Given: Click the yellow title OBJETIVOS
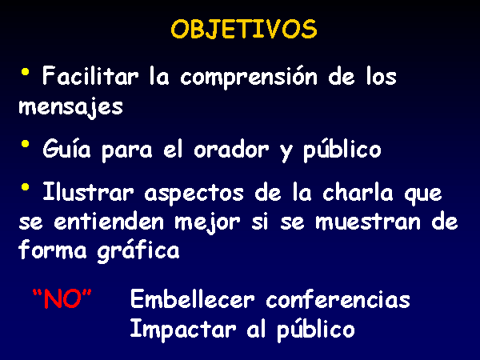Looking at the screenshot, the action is tap(244, 30).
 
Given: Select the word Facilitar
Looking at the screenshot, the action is tap(90, 76).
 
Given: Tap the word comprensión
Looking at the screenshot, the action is tap(249, 78).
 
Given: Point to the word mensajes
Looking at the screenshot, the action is tap(70, 107).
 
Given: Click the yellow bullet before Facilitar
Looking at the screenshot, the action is tap(25, 73).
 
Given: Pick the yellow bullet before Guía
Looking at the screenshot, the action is tap(25, 143).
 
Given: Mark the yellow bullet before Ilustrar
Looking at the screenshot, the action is tap(25, 186).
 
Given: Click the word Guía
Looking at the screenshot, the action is tap(66, 148).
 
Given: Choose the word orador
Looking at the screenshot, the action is tap(231, 149).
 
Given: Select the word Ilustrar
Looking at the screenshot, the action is tap(88, 191).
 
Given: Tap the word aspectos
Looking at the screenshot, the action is tap(194, 194).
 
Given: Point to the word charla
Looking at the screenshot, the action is tap(358, 192).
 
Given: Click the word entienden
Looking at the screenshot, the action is tap(109, 221).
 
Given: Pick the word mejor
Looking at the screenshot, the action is tap(207, 222).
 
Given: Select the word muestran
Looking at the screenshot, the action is tap(368, 222).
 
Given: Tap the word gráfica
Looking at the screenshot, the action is tap(138, 251).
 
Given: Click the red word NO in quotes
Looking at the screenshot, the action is tap(62, 298).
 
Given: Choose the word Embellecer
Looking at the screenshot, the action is tap(192, 298).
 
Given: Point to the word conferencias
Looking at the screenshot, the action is tap(338, 298).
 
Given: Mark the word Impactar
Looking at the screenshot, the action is tap(183, 330).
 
